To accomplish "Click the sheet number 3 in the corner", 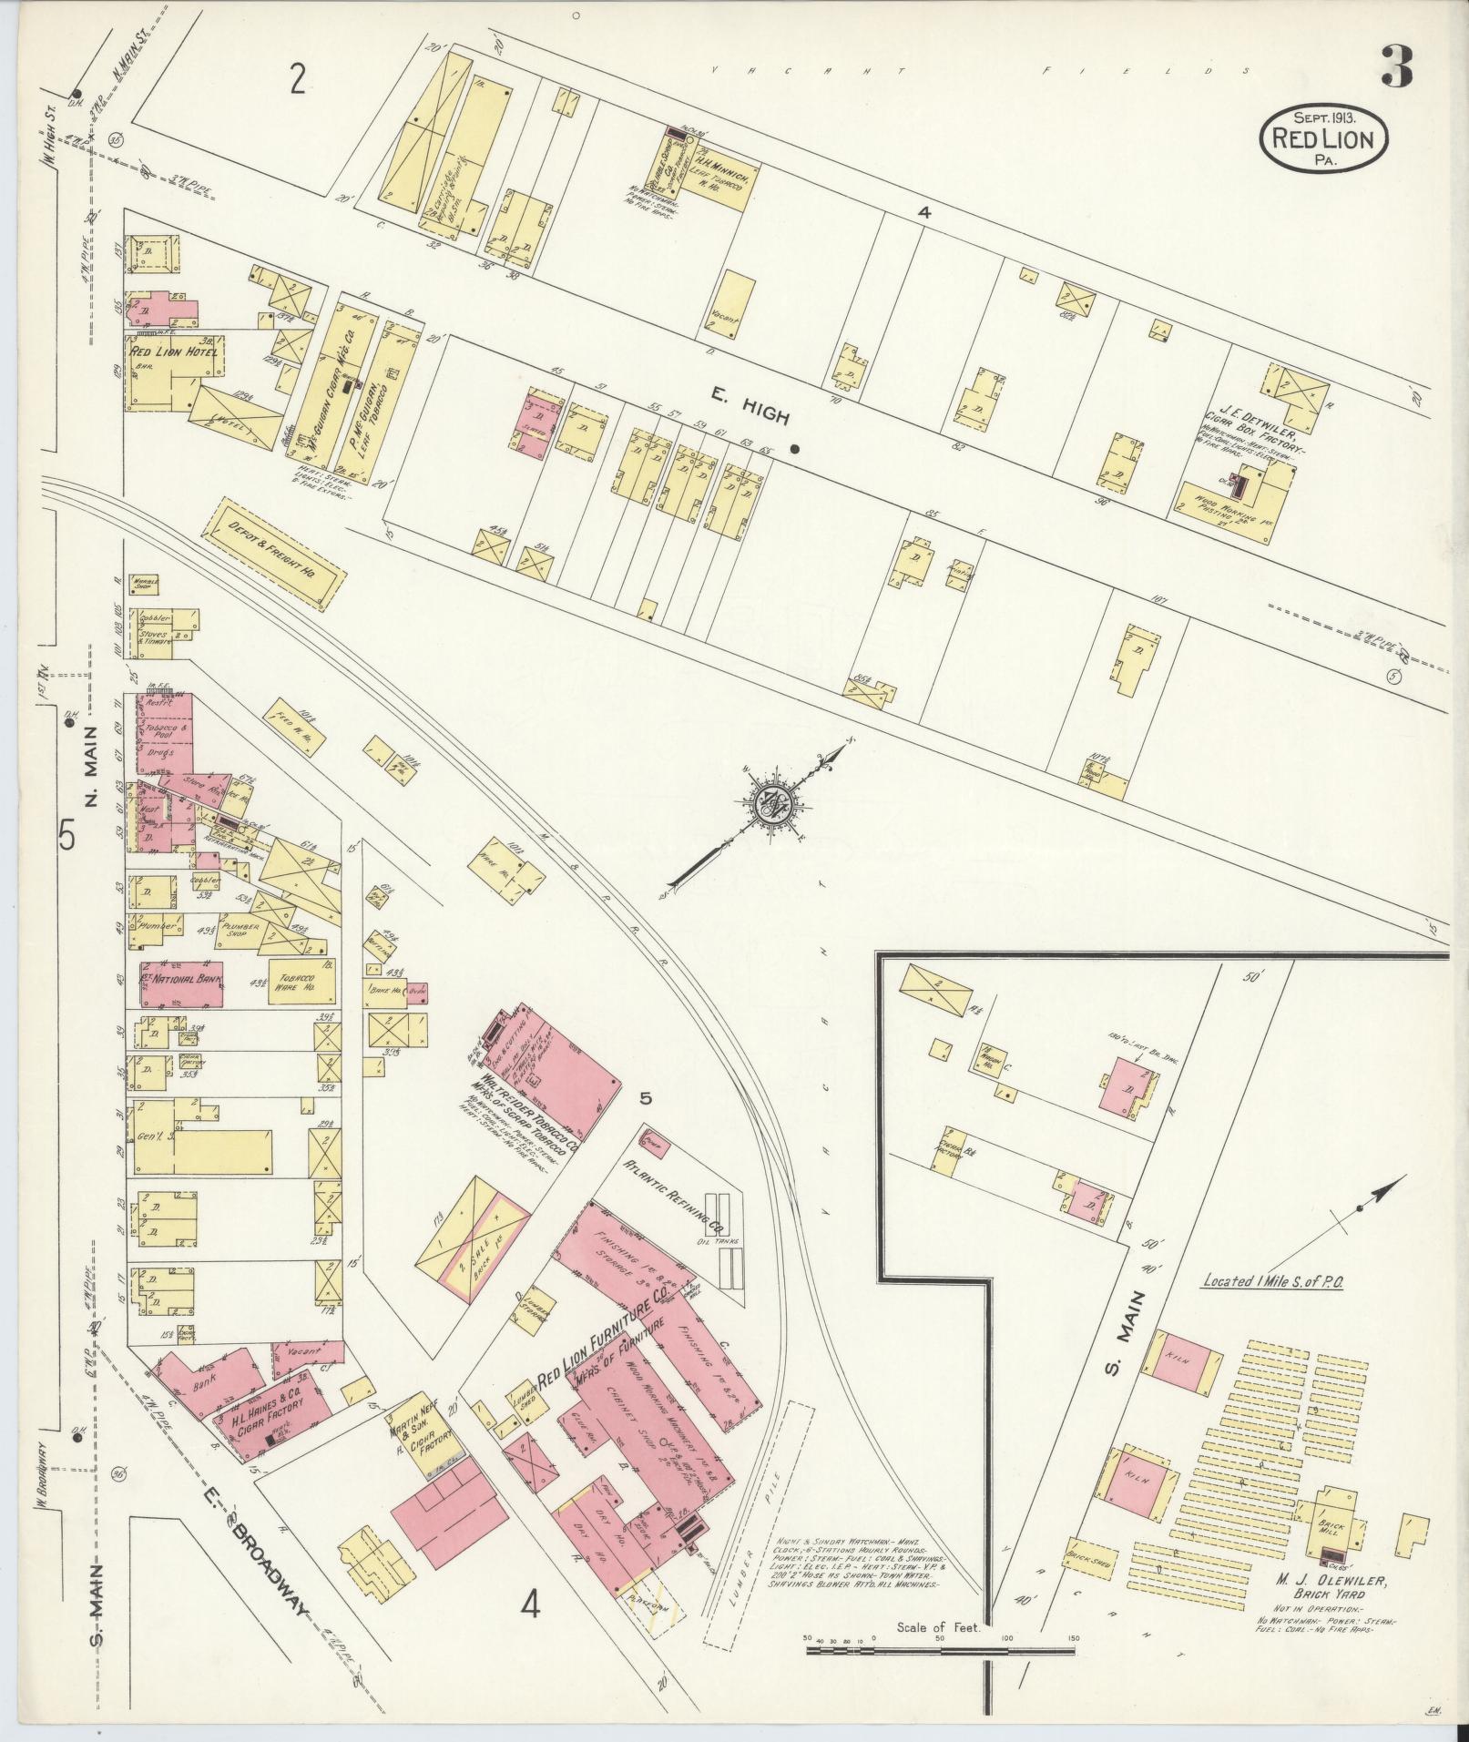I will coord(1396,66).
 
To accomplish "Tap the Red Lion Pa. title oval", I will coord(1323,138).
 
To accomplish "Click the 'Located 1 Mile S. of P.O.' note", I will coord(1273,1279).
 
